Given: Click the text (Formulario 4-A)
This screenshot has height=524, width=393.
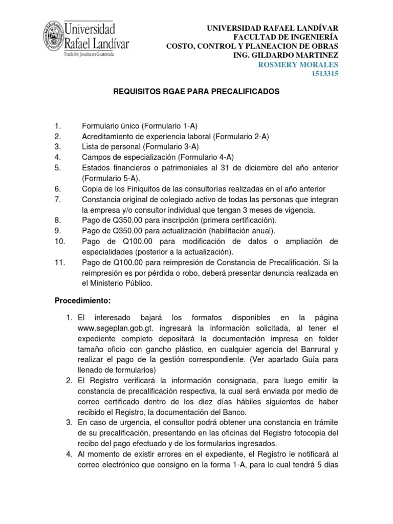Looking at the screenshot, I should click(x=208, y=157).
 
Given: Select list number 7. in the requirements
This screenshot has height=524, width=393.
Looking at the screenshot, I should click(x=58, y=199).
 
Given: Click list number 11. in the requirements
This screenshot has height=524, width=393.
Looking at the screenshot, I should click(x=60, y=263).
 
